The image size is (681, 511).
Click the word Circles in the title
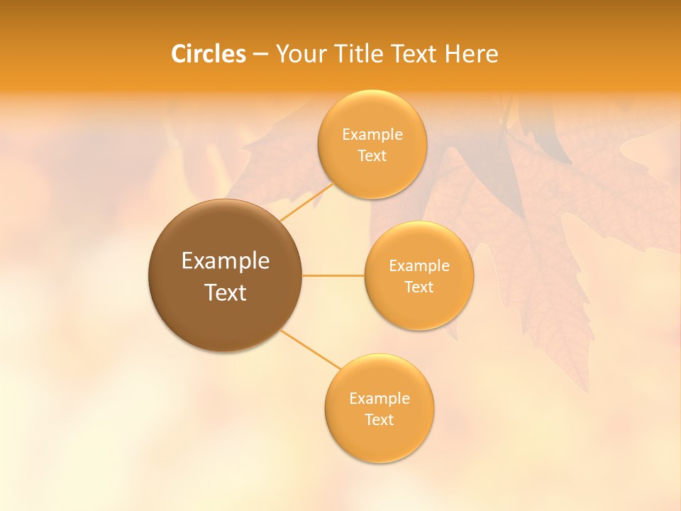tap(208, 54)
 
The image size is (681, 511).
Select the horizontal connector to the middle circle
tap(333, 275)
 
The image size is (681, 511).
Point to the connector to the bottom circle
tap(311, 349)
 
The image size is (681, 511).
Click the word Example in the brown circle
tap(226, 261)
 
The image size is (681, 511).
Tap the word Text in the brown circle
tap(226, 292)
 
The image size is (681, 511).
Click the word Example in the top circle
tap(372, 134)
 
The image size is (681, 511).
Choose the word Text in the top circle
tap(372, 155)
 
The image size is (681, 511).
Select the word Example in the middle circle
tap(419, 266)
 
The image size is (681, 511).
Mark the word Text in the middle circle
tap(419, 287)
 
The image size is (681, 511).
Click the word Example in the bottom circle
tap(379, 398)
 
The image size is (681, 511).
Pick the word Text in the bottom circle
tap(379, 419)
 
